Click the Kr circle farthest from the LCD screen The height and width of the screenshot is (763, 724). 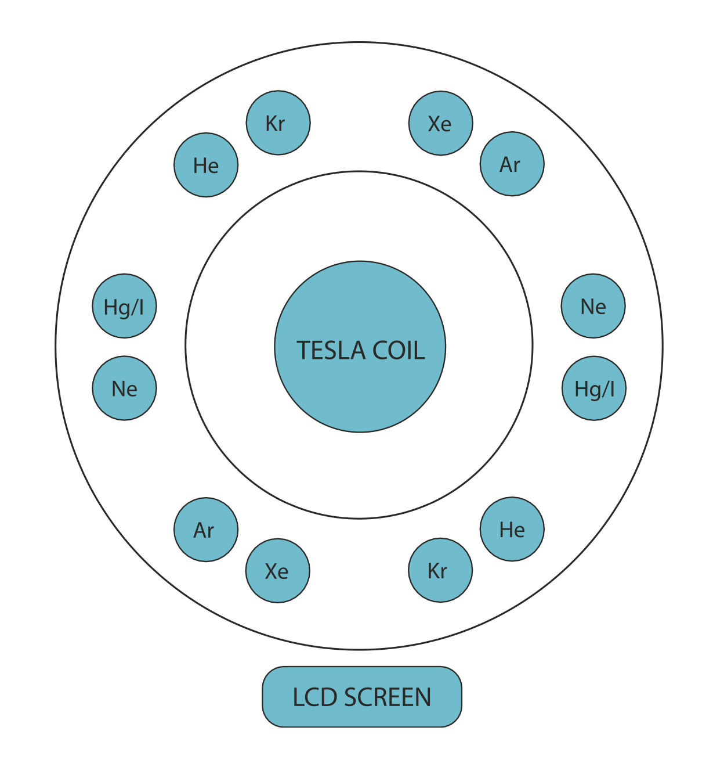(278, 123)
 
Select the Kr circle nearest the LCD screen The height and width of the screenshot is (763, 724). (440, 570)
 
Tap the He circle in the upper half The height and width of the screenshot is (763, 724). (206, 165)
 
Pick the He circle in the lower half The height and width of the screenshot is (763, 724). (512, 529)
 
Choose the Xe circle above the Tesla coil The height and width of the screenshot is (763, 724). (441, 123)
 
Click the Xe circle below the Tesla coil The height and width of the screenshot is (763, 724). (278, 571)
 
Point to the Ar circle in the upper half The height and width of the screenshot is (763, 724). (512, 164)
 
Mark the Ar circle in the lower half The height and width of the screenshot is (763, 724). (206, 530)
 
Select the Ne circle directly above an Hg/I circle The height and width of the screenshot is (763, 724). (593, 306)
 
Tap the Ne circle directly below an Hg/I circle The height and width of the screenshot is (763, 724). (124, 388)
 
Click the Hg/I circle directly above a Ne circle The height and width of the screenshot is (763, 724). (124, 306)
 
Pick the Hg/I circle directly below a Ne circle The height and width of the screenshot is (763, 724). (594, 388)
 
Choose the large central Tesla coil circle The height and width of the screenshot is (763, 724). (360, 395)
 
